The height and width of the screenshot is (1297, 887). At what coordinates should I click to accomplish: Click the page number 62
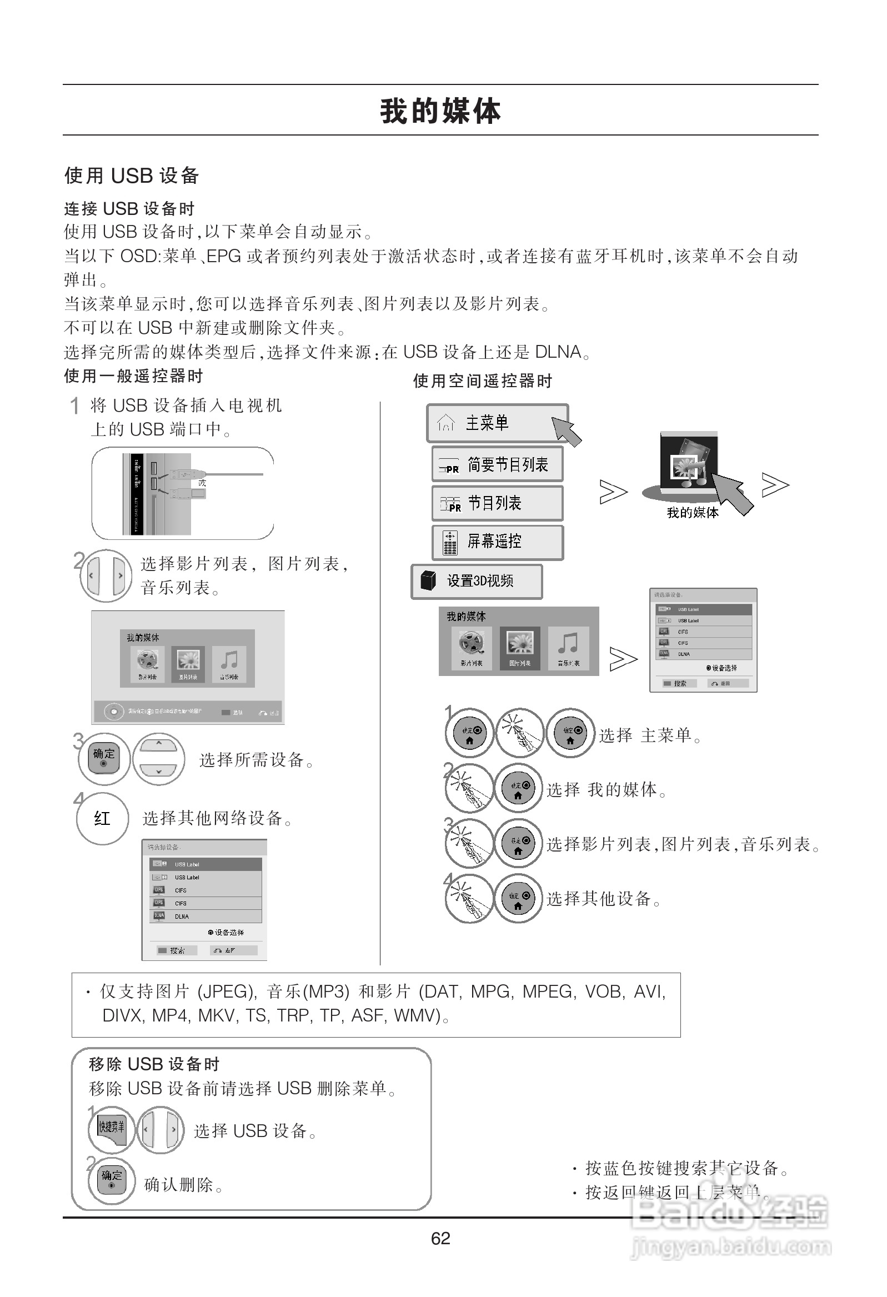coord(440,1238)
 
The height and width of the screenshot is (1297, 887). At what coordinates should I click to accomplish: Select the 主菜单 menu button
coord(497,423)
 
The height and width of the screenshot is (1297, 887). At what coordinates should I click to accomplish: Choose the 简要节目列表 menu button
coord(497,464)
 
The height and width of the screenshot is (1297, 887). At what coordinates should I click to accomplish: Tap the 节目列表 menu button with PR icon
coord(497,503)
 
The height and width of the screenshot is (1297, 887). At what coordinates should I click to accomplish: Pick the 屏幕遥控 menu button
coord(497,542)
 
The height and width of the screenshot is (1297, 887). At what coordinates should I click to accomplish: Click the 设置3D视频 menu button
coord(476,581)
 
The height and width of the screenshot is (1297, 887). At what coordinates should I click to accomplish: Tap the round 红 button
coord(102,818)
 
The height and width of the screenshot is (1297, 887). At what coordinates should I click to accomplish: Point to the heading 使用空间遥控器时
coord(482,381)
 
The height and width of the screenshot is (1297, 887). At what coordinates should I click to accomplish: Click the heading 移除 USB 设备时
coord(154,1064)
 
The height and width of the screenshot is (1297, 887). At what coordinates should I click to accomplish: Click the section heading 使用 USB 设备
coord(132,176)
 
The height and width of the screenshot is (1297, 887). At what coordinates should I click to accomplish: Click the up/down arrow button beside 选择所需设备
coord(159,759)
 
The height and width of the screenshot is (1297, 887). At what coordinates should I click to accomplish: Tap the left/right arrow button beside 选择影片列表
coord(106,575)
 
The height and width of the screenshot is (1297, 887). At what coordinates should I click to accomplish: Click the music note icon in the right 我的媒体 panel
coord(568,647)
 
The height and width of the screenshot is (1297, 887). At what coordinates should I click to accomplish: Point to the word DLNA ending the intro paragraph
coord(558,352)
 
